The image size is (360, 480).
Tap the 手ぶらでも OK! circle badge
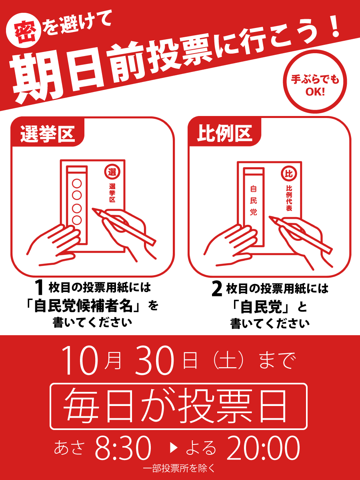[315, 82]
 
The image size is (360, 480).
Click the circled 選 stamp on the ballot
[112, 172]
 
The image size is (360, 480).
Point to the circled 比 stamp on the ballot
[289, 174]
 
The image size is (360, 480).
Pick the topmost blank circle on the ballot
[77, 184]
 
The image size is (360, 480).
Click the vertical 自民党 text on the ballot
[253, 200]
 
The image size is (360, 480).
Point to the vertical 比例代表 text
[289, 198]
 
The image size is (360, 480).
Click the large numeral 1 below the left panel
[39, 288]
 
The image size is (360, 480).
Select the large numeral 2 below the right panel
[217, 289]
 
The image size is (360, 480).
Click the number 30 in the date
[155, 360]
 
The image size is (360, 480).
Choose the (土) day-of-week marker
[228, 360]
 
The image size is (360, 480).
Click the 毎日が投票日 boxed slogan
[178, 406]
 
